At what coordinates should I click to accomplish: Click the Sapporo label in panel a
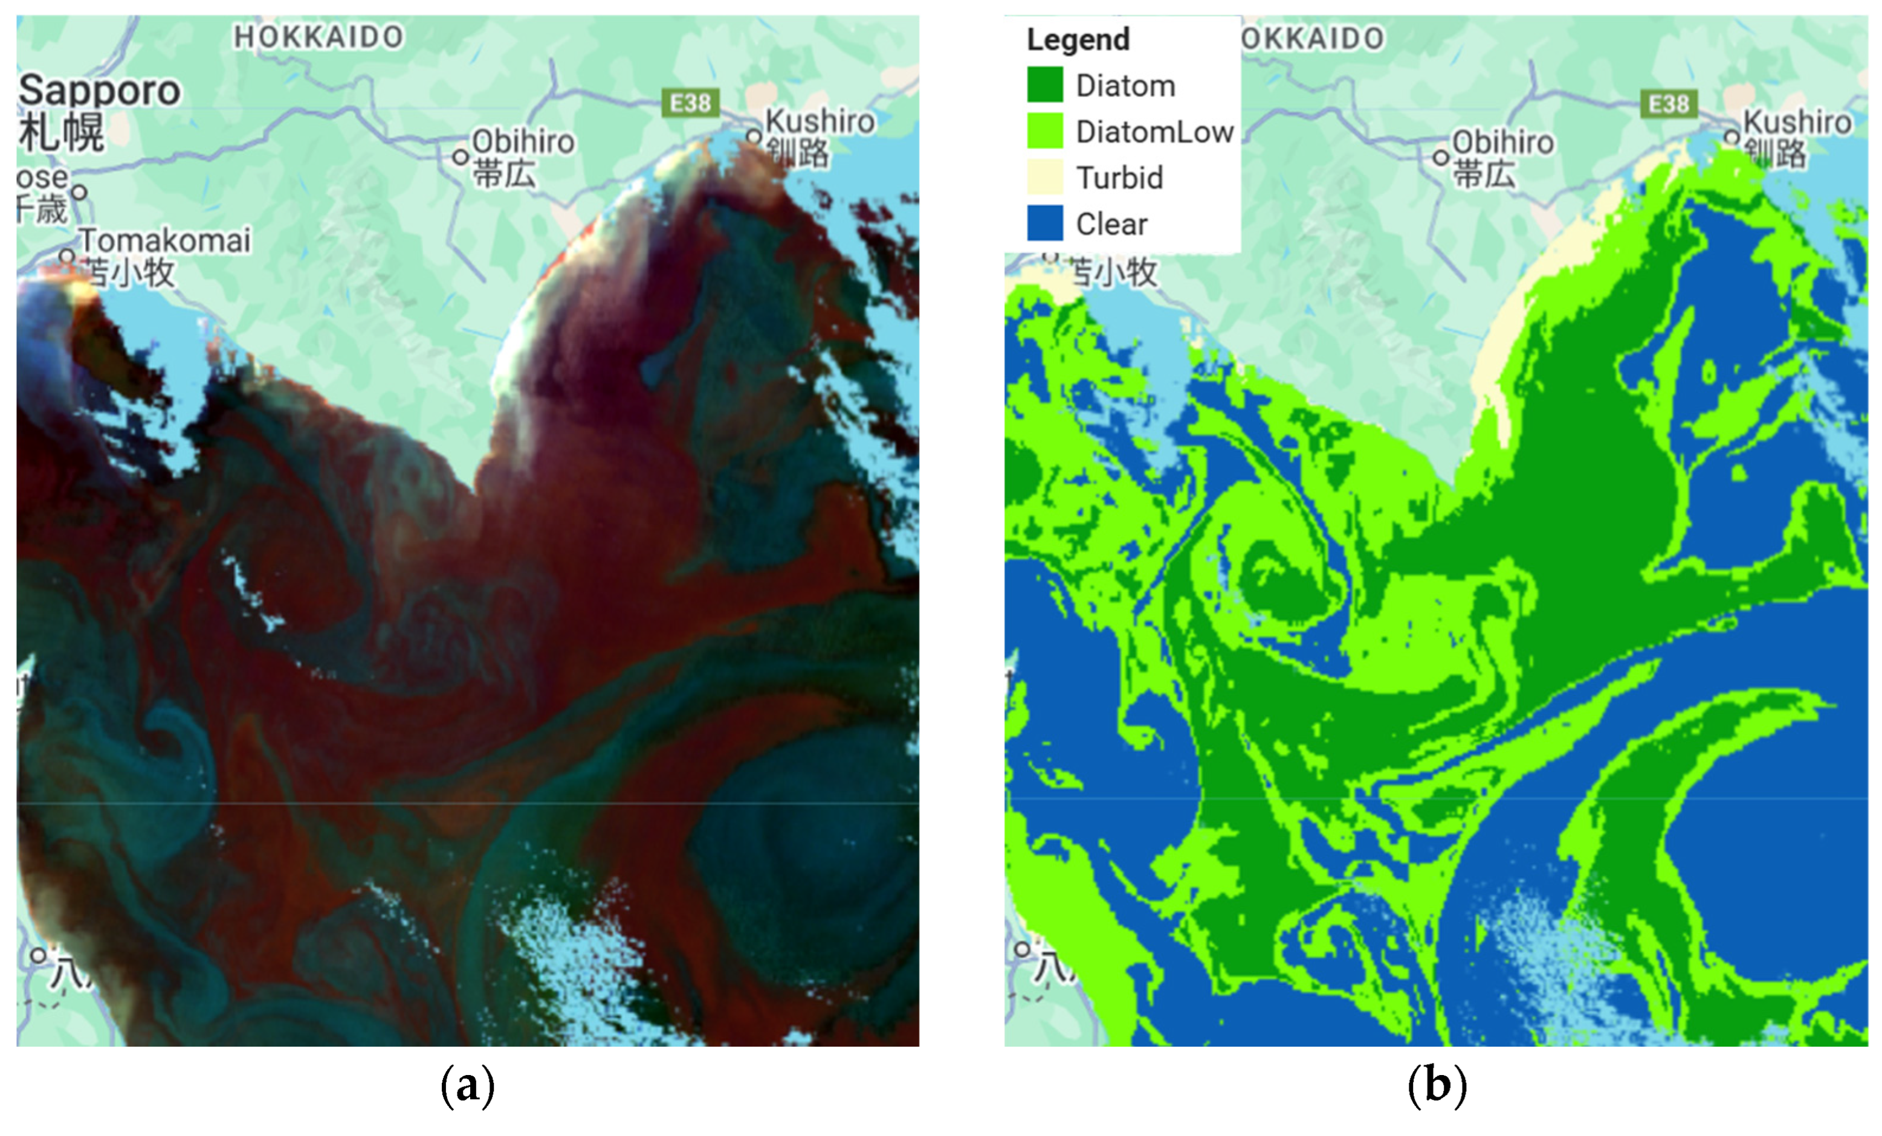click(99, 91)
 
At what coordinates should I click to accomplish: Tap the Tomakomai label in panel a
click(165, 240)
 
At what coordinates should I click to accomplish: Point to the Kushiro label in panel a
click(820, 121)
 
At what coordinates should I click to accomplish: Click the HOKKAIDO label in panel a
click(319, 37)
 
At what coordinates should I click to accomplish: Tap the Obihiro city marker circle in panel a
click(461, 157)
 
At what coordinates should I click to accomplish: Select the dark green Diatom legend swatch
click(1044, 85)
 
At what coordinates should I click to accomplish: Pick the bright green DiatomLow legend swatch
click(1044, 130)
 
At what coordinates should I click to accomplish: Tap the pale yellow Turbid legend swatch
click(1044, 177)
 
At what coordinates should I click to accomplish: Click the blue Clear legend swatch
click(1044, 223)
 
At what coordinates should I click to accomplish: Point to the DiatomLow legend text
click(1154, 132)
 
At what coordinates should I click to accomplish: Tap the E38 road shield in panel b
click(1668, 104)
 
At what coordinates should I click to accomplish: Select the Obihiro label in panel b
click(1502, 143)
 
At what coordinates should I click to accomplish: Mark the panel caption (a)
click(467, 1085)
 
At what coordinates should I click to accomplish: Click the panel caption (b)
click(1436, 1085)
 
